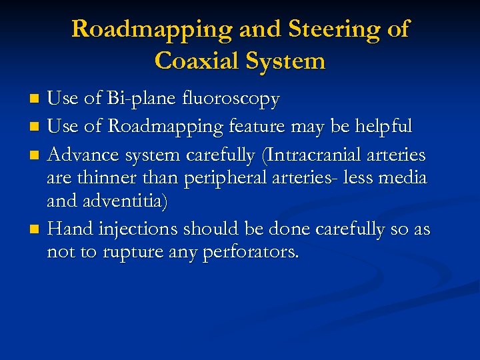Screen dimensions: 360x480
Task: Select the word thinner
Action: tap(103, 179)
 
